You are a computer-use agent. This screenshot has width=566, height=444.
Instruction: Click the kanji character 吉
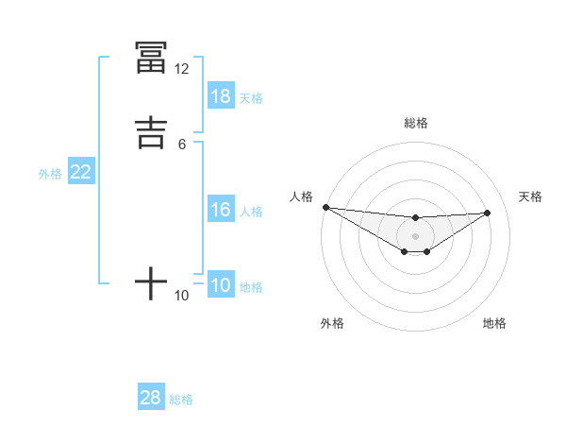(151, 131)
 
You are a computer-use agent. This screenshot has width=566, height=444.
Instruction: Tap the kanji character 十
(151, 282)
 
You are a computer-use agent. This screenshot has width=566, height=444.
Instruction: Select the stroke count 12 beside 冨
(182, 69)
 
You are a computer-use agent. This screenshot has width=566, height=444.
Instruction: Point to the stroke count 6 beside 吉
(182, 144)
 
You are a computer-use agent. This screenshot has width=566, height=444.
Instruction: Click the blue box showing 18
(221, 96)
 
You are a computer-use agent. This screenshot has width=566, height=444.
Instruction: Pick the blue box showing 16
(221, 210)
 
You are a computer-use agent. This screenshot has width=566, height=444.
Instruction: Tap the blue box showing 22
(81, 172)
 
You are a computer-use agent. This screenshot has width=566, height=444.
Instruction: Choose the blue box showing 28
(151, 398)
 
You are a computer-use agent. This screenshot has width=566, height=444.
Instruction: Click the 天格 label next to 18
(251, 98)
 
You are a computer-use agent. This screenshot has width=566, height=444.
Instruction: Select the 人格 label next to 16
(251, 212)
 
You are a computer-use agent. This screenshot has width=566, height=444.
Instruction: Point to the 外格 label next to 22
(50, 174)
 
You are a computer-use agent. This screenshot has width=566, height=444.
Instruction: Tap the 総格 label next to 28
(181, 400)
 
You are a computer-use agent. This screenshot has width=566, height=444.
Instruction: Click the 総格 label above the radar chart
(415, 123)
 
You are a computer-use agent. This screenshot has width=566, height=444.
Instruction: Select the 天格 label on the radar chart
(531, 196)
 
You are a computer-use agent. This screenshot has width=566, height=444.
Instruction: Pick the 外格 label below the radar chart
(332, 323)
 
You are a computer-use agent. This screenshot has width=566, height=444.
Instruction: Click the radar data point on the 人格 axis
(325, 207)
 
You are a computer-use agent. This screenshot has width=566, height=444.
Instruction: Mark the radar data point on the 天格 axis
(488, 213)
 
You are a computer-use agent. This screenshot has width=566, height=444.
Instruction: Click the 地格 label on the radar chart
(494, 323)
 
